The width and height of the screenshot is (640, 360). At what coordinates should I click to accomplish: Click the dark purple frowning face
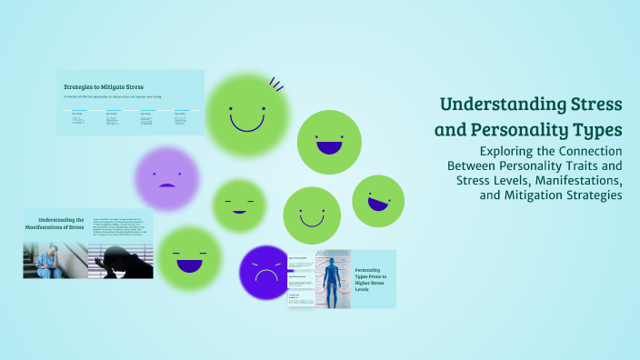click(265, 273)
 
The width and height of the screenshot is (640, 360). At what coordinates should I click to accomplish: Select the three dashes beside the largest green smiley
click(276, 85)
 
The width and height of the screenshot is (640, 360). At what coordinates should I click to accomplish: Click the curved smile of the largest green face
click(247, 122)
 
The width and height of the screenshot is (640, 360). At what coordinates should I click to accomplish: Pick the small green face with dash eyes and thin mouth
click(238, 205)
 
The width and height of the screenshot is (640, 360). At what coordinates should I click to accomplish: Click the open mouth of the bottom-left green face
click(189, 265)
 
